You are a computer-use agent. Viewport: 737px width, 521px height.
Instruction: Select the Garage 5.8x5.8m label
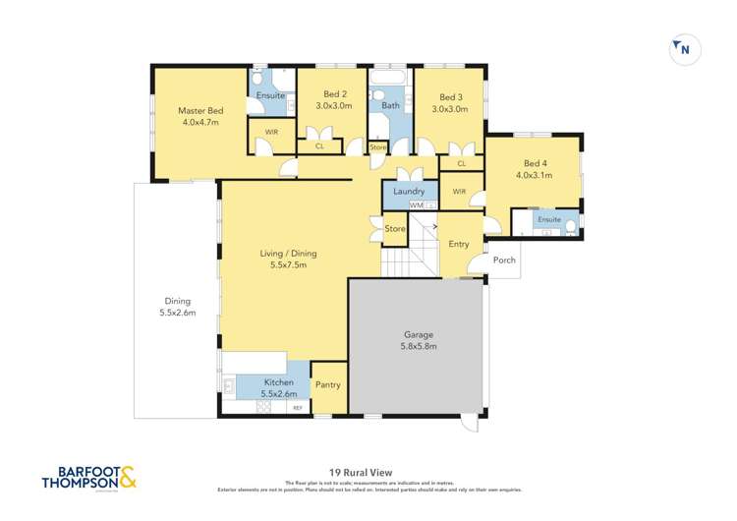(x=419, y=340)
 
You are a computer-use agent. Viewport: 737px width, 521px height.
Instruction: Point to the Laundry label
(x=408, y=191)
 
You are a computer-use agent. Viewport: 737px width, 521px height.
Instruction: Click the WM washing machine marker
(x=403, y=205)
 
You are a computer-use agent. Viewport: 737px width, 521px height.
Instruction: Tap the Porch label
(x=504, y=260)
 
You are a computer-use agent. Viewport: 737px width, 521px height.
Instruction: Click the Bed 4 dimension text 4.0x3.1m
(x=535, y=175)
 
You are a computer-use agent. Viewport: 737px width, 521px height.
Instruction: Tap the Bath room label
(x=390, y=104)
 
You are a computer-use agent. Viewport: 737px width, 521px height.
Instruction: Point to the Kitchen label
(x=277, y=381)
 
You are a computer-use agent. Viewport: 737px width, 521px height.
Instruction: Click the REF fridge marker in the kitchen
(x=297, y=407)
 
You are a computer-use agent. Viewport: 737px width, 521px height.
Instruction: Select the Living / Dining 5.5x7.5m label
(x=288, y=259)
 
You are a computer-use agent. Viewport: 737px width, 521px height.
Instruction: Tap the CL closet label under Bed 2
(x=319, y=146)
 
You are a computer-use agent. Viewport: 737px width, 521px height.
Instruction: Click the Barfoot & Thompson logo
(x=89, y=478)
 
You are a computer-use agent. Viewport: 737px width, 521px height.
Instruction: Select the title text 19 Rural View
(x=368, y=471)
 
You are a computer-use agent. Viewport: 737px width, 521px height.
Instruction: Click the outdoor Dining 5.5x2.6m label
(x=177, y=307)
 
